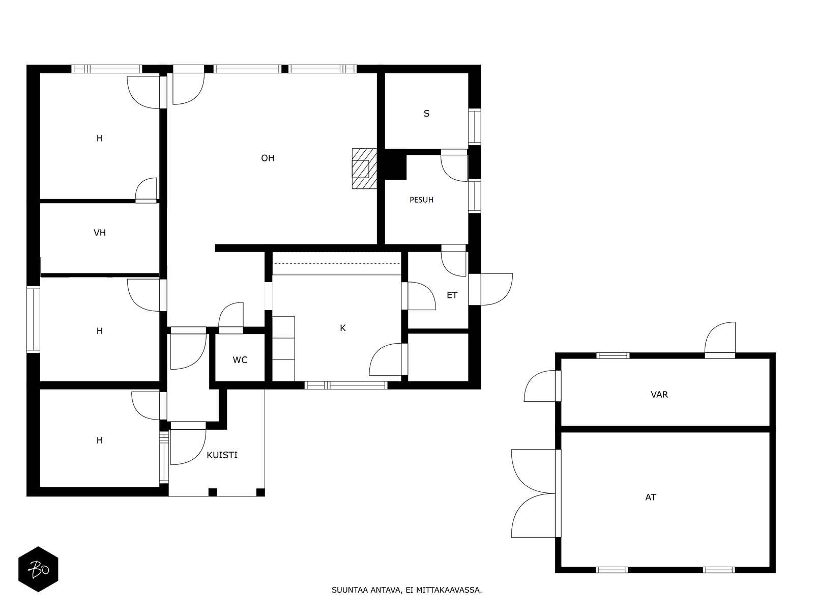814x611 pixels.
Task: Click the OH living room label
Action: (268, 158)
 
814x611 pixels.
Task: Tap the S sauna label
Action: (426, 114)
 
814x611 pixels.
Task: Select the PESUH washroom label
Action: (421, 200)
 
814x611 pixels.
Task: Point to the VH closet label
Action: (99, 233)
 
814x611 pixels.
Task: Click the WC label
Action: (240, 360)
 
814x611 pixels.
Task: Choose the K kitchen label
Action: (343, 328)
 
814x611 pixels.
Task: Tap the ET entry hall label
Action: (452, 295)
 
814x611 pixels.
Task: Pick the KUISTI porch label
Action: (222, 455)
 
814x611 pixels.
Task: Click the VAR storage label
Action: (659, 395)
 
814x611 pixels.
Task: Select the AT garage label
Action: (651, 497)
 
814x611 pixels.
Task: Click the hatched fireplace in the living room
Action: (365, 169)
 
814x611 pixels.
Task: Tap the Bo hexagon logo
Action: (38, 569)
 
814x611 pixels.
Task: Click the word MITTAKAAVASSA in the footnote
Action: (449, 590)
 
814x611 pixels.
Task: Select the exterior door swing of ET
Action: (496, 289)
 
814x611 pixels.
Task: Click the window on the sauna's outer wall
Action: (474, 126)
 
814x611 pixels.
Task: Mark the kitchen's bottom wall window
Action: (346, 385)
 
